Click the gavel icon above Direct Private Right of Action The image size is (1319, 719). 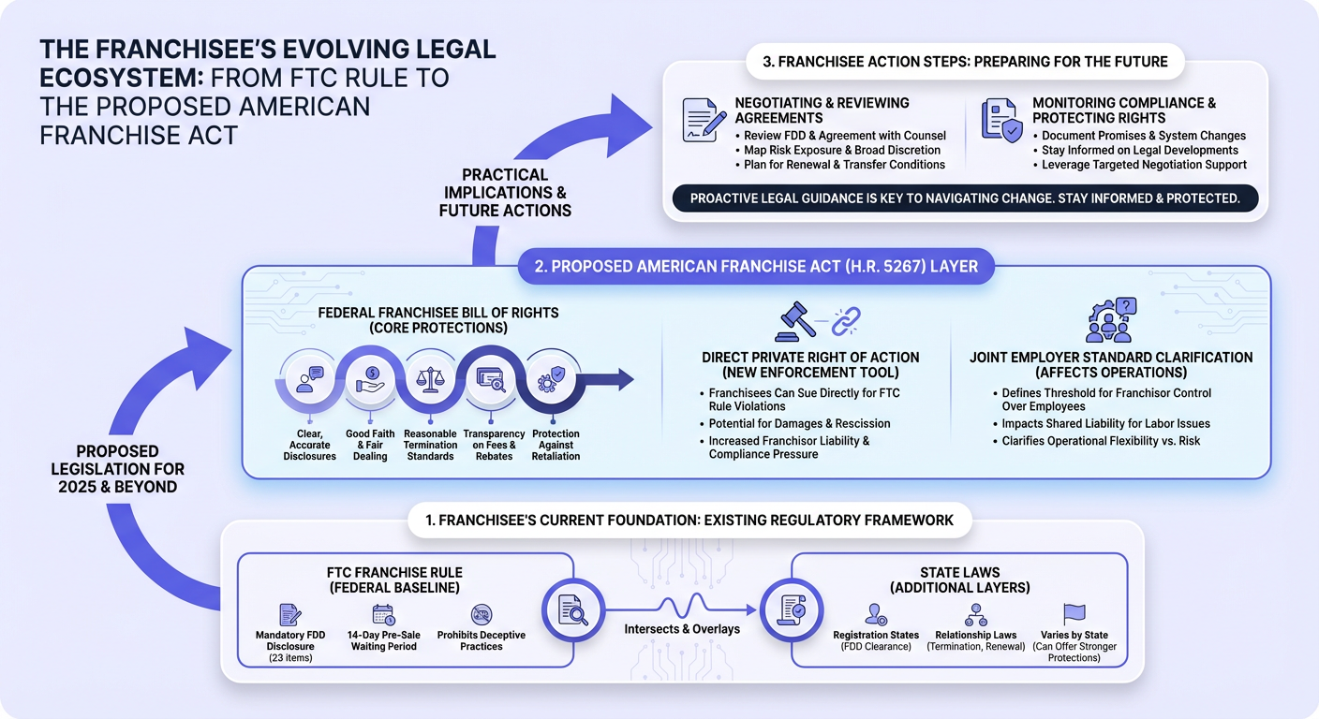795,321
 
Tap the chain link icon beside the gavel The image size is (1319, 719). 846,321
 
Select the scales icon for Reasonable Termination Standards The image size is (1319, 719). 430,379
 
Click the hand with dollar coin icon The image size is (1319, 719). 370,379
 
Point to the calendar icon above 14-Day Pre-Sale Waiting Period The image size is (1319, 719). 383,615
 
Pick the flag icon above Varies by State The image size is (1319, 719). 1074,614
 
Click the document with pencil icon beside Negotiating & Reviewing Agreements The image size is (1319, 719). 704,120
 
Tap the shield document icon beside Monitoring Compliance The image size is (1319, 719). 1001,120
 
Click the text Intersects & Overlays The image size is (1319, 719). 682,629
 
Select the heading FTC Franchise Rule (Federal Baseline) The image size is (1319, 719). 394,580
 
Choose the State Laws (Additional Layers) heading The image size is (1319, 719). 960,580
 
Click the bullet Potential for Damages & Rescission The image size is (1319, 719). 799,424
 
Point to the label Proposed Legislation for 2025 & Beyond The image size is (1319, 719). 118,469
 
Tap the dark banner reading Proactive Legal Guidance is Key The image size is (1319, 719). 965,198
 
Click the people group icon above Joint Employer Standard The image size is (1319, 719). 1110,320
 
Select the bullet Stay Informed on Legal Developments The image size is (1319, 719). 1140,150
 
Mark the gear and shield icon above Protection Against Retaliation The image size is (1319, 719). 551,379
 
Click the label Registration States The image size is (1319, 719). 876,635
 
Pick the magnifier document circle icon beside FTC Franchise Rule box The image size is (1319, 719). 573,610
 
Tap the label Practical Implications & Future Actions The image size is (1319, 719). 505,193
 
